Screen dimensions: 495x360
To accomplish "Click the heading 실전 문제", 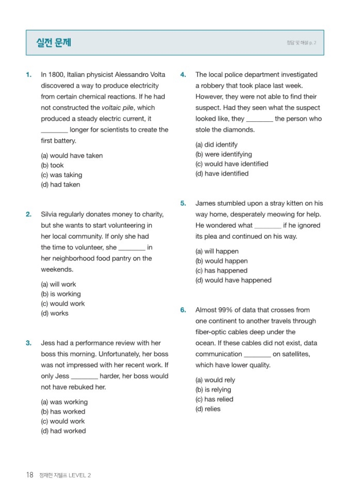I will tap(54, 42).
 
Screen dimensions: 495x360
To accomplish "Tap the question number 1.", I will tap(29, 75).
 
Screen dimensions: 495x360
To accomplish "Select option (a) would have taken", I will tap(72, 156).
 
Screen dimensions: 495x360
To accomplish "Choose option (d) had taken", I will tap(60, 185).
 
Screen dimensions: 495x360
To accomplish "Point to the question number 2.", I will tap(29, 214).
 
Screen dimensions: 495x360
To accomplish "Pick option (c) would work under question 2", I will tap(63, 304).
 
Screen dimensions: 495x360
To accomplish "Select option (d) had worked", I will tap(63, 431).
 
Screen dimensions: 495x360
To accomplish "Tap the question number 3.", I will tap(29, 343).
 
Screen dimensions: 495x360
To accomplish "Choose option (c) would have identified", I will tap(232, 164).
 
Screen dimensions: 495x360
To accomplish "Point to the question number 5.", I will tap(183, 203).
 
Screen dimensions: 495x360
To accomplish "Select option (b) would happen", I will tap(222, 261).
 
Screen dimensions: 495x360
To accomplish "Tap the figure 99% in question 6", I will tap(225, 310).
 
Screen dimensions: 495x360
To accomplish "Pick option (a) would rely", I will tap(215, 380).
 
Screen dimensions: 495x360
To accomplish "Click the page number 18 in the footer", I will tap(30, 475).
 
